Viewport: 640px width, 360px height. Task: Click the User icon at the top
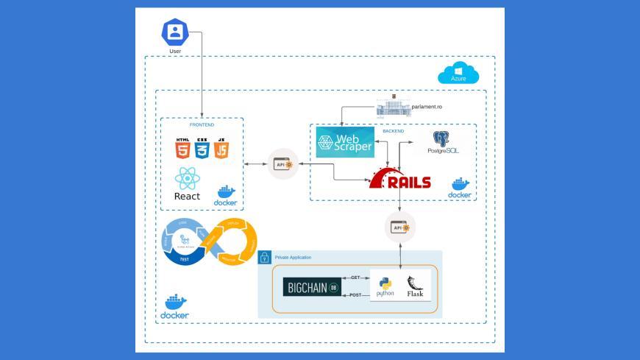click(175, 32)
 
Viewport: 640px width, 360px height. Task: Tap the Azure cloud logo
click(458, 73)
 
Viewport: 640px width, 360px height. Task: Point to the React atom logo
click(186, 178)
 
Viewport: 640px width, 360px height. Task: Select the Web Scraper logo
click(345, 141)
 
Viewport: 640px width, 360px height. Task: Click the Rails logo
click(400, 181)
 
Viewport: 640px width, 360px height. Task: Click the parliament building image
click(391, 107)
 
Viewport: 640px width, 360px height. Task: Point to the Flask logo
click(416, 286)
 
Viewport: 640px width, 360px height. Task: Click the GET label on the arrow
click(355, 278)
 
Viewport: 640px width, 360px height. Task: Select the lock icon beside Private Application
click(266, 258)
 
